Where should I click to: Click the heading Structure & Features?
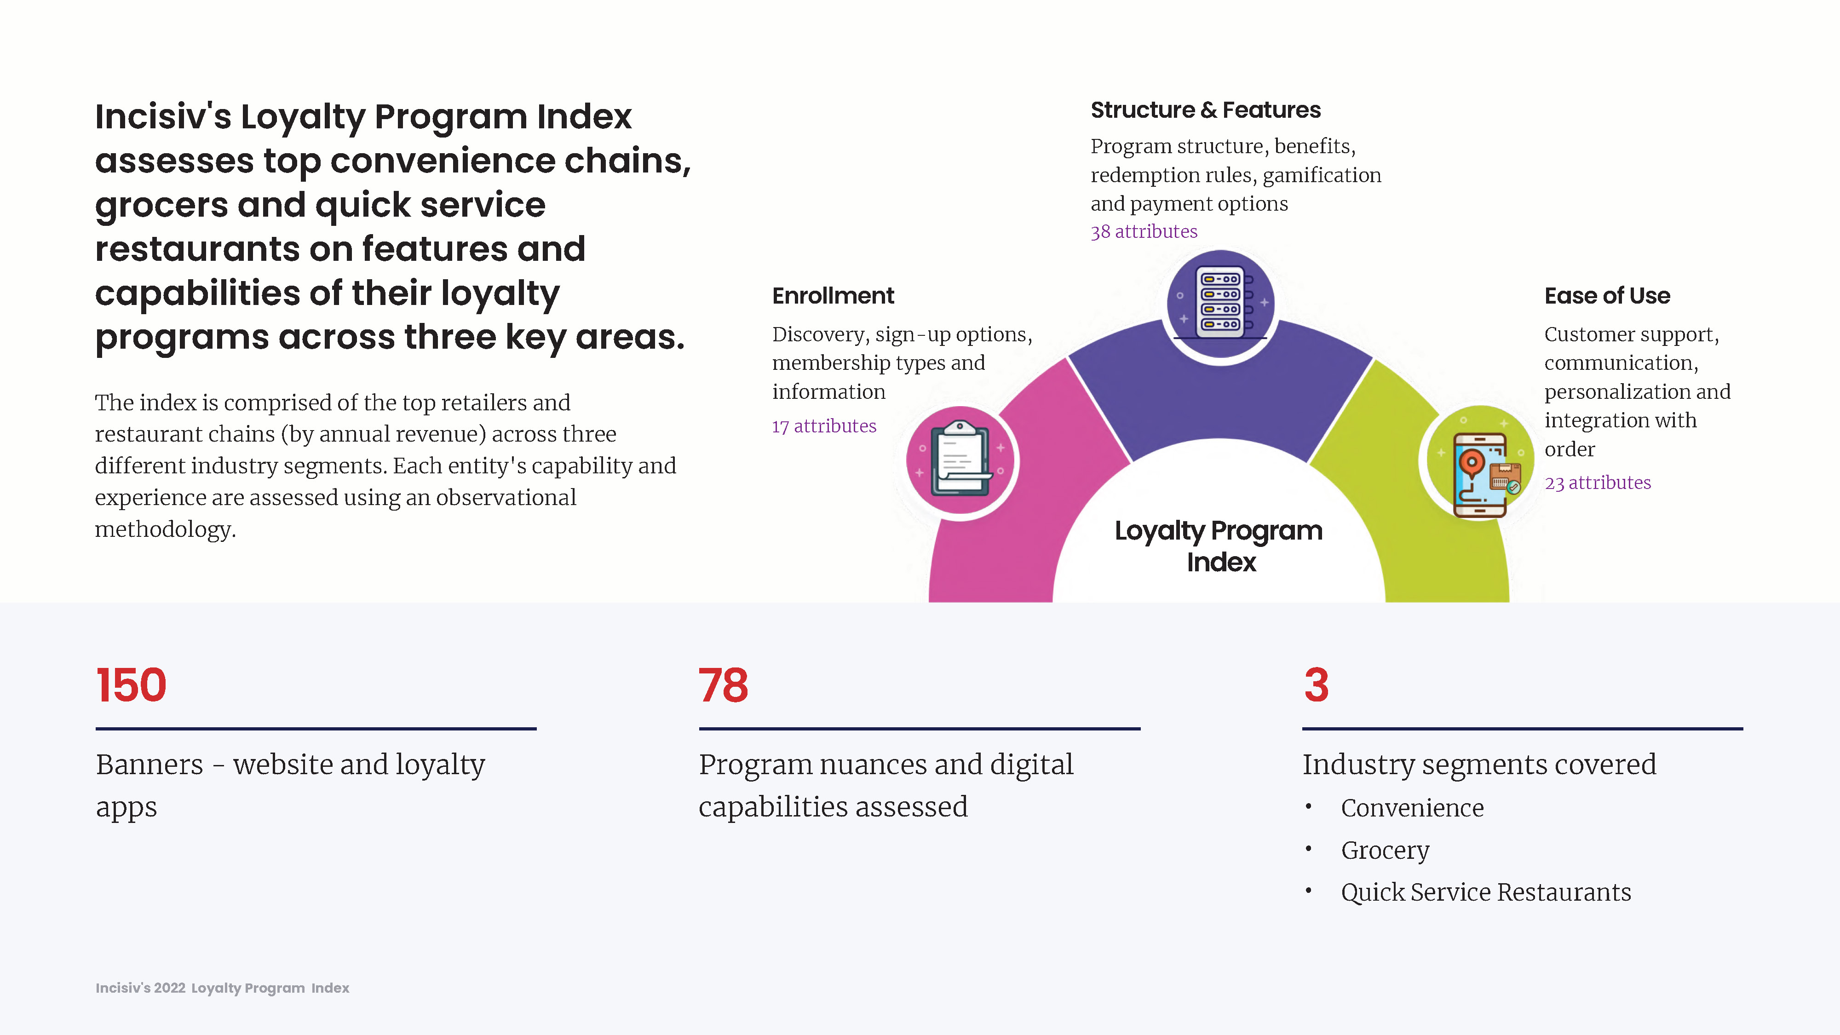[1206, 110]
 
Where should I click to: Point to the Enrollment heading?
[833, 296]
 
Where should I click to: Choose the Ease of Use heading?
[1607, 296]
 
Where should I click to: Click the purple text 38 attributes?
[1144, 231]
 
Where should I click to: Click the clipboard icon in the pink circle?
[961, 459]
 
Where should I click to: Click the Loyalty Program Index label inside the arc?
[1219, 546]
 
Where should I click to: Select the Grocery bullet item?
[1385, 850]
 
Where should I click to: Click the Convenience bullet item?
[1412, 808]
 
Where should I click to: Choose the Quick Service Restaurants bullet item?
[1486, 892]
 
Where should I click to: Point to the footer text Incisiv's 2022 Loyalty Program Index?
[222, 988]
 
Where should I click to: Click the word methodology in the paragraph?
[165, 529]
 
